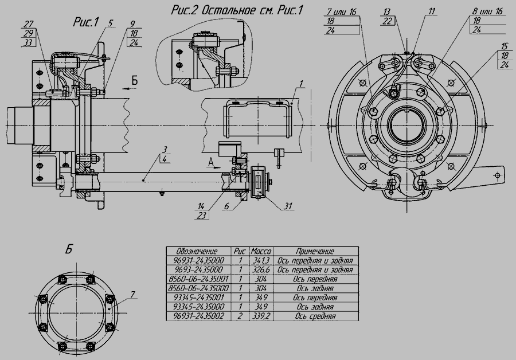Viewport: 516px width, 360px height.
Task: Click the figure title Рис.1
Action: pyautogui.click(x=85, y=22)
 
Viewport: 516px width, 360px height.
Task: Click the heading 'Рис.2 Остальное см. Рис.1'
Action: pyautogui.click(x=236, y=10)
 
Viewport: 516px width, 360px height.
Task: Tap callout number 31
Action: pyautogui.click(x=288, y=206)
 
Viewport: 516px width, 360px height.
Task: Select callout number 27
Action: pyautogui.click(x=29, y=24)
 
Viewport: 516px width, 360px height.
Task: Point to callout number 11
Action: pyautogui.click(x=431, y=12)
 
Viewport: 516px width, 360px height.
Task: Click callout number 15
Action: pyautogui.click(x=505, y=46)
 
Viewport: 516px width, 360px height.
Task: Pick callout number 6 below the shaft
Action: pyautogui.click(x=226, y=206)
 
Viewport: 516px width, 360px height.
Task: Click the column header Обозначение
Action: pyautogui.click(x=197, y=252)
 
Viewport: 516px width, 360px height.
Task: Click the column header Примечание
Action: pyautogui.click(x=315, y=252)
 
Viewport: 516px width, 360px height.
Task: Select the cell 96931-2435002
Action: pyautogui.click(x=198, y=316)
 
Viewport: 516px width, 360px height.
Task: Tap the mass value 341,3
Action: pyautogui.click(x=261, y=261)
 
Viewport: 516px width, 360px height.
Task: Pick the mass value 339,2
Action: pyautogui.click(x=261, y=316)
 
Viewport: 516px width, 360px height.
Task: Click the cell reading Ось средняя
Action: pyautogui.click(x=315, y=316)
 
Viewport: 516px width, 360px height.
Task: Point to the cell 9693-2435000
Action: pyautogui.click(x=198, y=270)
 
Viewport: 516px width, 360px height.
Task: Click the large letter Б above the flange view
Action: pyautogui.click(x=68, y=249)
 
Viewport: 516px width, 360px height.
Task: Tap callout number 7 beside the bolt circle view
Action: pyautogui.click(x=132, y=295)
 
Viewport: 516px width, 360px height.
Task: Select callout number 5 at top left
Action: pyautogui.click(x=110, y=23)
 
